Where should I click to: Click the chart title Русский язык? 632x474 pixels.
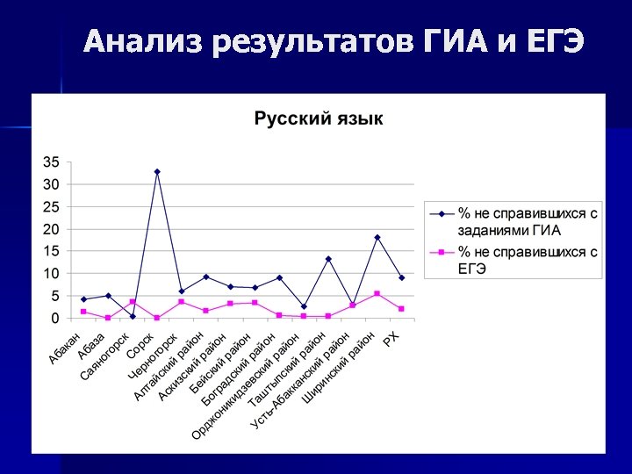(319, 118)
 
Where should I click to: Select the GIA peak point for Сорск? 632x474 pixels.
(157, 171)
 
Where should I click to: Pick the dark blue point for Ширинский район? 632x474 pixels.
(377, 237)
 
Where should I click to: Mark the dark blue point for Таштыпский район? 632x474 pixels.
(328, 259)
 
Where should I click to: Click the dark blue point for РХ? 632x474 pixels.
(401, 277)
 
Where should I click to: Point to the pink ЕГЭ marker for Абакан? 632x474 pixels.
(83, 312)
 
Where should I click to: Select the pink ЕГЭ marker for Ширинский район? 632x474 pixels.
(377, 293)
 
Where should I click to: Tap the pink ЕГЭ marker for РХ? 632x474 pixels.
(401, 309)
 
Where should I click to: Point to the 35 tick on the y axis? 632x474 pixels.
(52, 162)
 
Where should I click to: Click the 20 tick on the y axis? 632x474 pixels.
(52, 229)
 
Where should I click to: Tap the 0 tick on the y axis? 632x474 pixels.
(56, 318)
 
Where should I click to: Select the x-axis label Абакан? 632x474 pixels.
(66, 348)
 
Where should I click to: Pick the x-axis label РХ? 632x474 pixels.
(391, 338)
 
